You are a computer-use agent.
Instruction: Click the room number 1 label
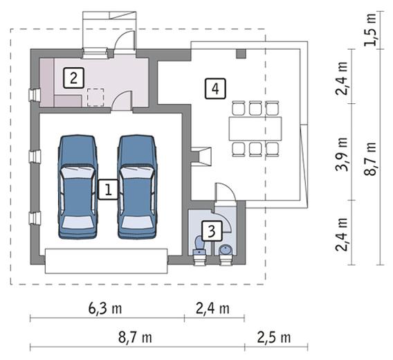click(108, 190)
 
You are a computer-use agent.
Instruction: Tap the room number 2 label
click(73, 78)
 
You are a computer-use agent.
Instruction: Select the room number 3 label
click(212, 231)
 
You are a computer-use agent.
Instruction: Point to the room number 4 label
click(215, 89)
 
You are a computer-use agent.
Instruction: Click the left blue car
click(77, 187)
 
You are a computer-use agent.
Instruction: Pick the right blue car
click(137, 187)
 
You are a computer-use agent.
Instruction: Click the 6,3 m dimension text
click(105, 308)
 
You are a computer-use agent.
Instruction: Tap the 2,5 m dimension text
click(274, 338)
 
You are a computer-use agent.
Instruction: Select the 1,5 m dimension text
click(370, 29)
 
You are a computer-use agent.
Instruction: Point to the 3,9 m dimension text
click(342, 154)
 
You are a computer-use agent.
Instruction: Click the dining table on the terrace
click(255, 129)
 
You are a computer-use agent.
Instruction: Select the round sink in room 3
click(226, 250)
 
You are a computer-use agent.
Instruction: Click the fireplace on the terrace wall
click(201, 156)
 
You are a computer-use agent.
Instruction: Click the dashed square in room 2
click(95, 98)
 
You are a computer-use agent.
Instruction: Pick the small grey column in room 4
click(241, 54)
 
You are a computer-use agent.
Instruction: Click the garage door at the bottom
click(106, 261)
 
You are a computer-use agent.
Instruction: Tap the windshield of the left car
click(77, 173)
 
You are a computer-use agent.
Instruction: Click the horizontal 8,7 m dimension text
click(136, 338)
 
